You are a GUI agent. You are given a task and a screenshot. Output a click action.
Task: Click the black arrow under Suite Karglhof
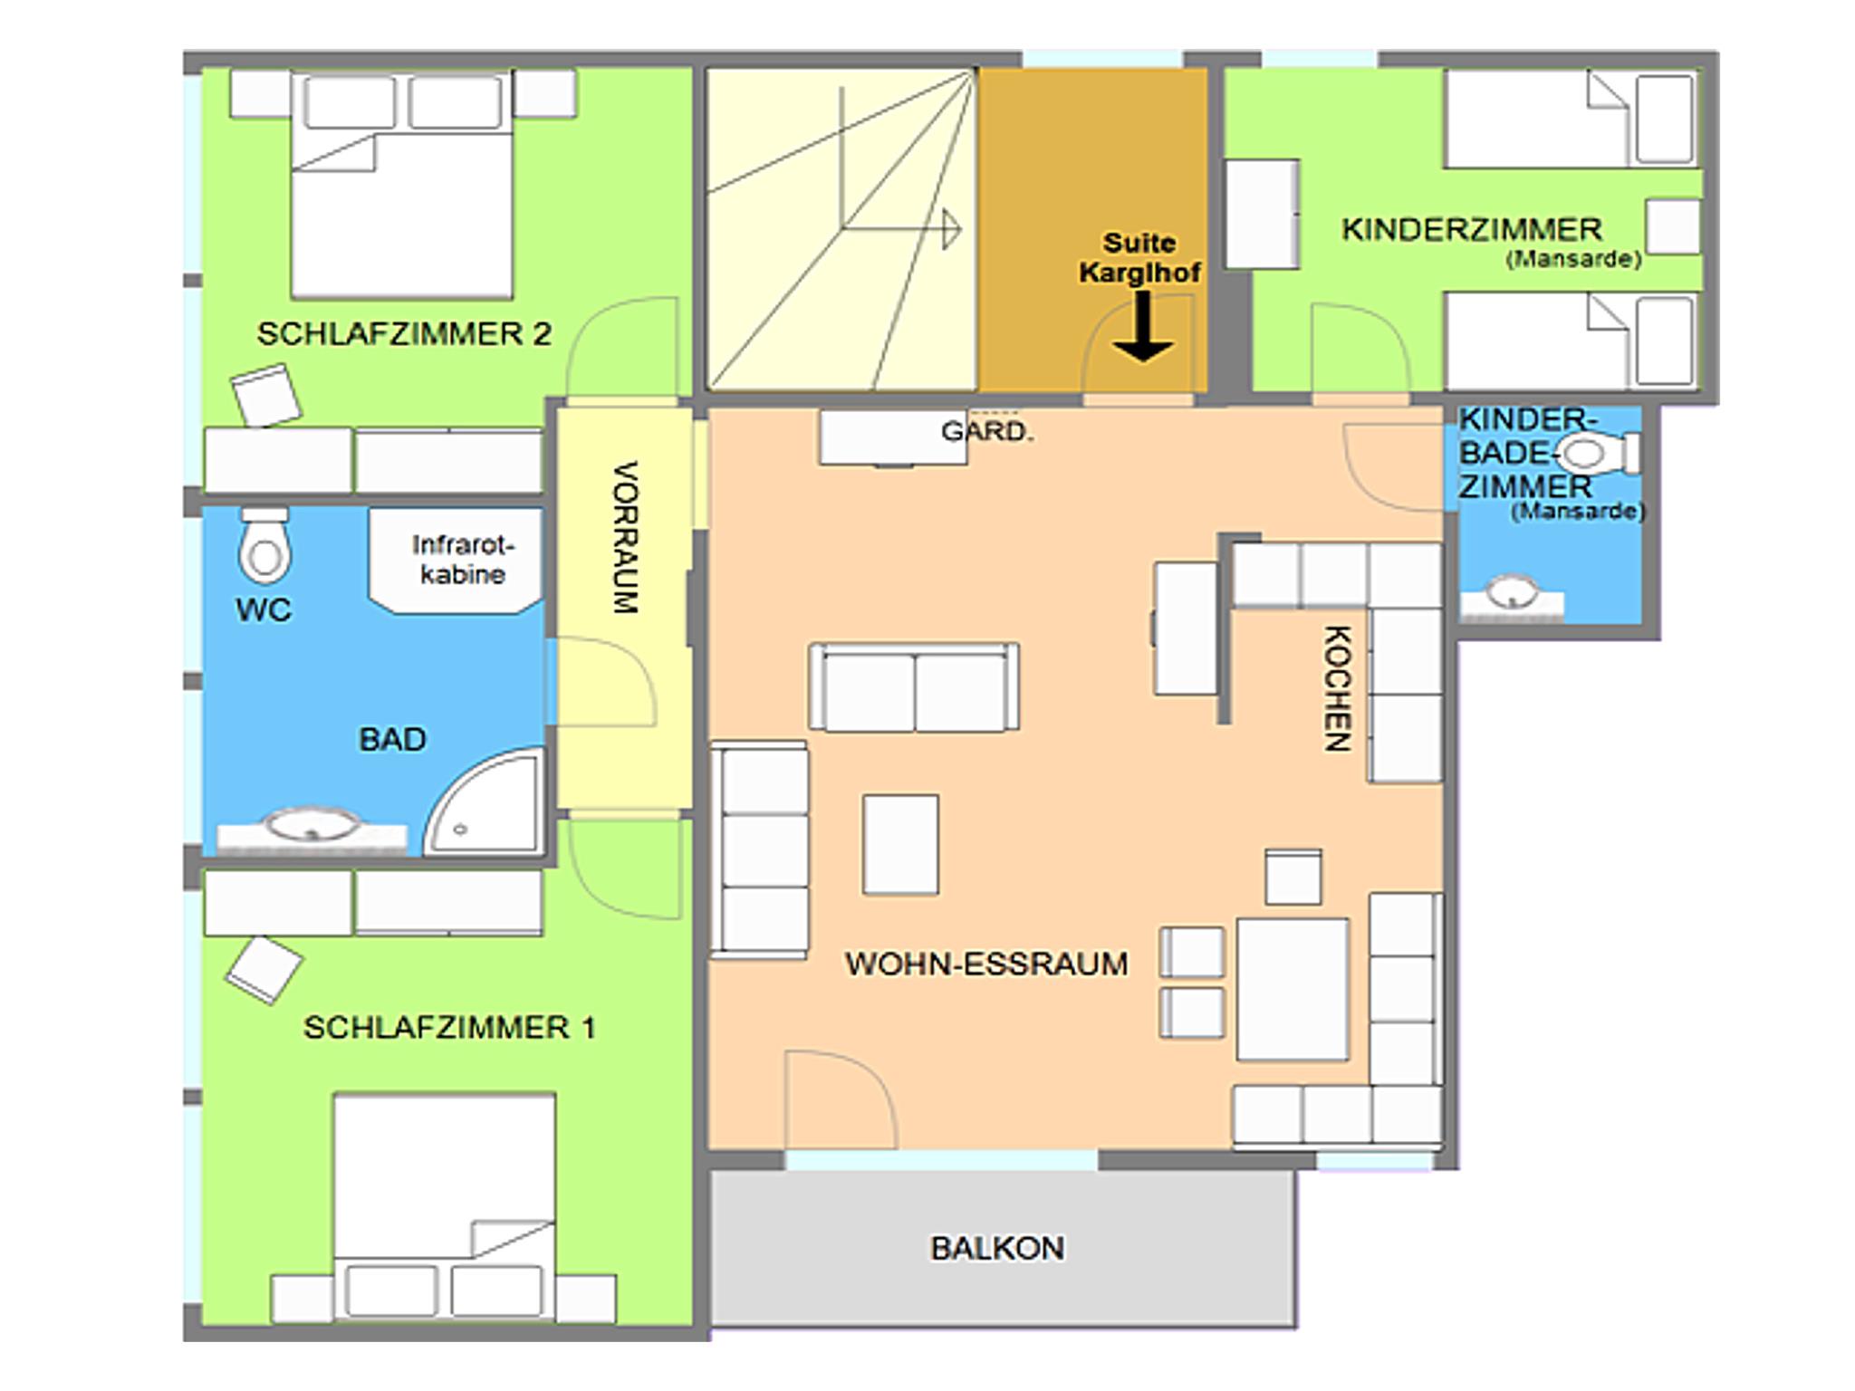point(1143,326)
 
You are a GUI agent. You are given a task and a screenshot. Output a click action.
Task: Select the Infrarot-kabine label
point(462,560)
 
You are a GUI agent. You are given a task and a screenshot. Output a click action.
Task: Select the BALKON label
point(997,1248)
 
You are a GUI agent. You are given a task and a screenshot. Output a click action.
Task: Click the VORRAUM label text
point(626,538)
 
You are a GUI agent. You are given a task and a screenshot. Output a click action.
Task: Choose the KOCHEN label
point(1338,688)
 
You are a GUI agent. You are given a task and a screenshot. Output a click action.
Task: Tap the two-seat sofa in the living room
point(914,686)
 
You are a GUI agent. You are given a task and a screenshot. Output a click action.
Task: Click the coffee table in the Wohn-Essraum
point(900,844)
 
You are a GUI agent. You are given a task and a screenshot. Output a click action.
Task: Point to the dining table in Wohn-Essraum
point(1293,989)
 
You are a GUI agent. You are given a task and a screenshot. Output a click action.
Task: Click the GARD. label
point(987,431)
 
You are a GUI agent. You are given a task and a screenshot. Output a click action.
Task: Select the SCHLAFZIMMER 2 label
point(404,333)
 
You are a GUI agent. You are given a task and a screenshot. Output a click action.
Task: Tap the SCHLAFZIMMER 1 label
point(449,1027)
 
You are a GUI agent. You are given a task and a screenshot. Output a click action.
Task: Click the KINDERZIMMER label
point(1472,229)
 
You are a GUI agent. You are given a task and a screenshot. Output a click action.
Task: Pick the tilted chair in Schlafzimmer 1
point(264,970)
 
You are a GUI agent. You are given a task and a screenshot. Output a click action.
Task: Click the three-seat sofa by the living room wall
point(760,850)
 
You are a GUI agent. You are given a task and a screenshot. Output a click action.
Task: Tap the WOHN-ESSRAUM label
point(986,964)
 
